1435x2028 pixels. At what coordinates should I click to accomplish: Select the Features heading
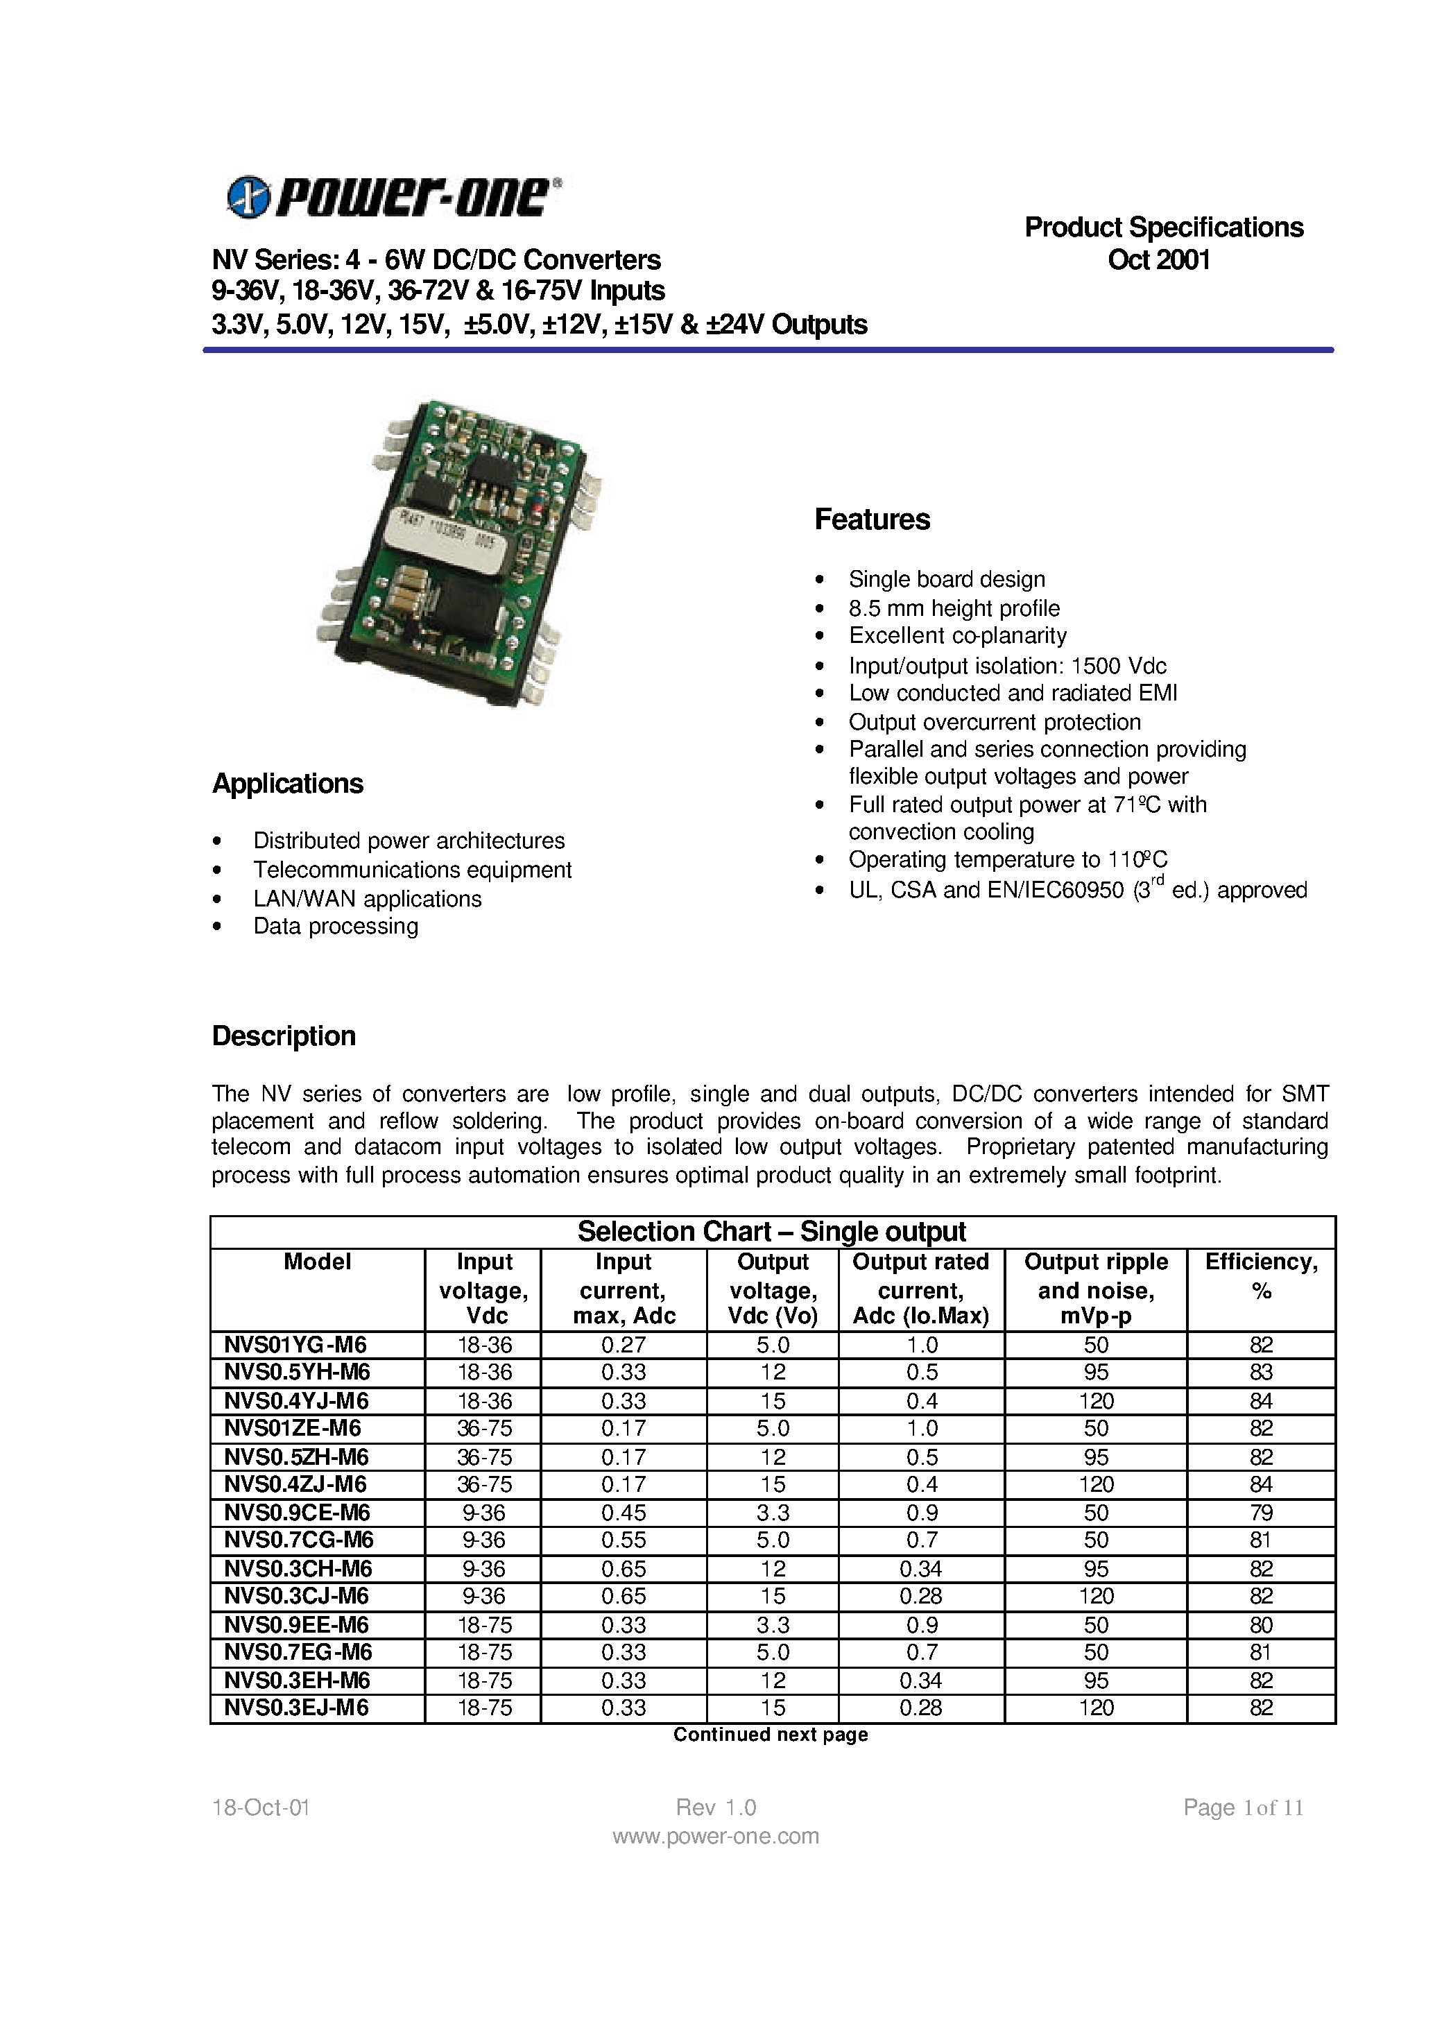[871, 519]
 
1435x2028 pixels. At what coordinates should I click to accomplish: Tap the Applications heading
[287, 784]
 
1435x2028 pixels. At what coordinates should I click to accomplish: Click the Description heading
[283, 1036]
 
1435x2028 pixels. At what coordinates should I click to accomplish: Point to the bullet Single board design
[945, 580]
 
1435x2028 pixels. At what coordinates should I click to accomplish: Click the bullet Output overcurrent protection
[994, 722]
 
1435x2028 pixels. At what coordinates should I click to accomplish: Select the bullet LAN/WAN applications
[367, 899]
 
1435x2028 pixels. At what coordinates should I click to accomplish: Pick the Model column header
[317, 1262]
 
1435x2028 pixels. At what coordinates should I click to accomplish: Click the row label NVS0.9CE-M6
[297, 1512]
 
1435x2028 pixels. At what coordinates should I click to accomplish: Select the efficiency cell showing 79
[1260, 1512]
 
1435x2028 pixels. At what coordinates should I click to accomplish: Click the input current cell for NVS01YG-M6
[623, 1345]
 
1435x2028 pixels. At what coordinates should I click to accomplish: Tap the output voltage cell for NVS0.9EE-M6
[772, 1624]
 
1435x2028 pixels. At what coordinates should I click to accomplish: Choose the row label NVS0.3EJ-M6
[296, 1708]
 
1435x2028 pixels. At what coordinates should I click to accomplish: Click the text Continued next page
[770, 1735]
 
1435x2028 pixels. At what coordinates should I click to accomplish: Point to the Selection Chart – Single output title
[771, 1232]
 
